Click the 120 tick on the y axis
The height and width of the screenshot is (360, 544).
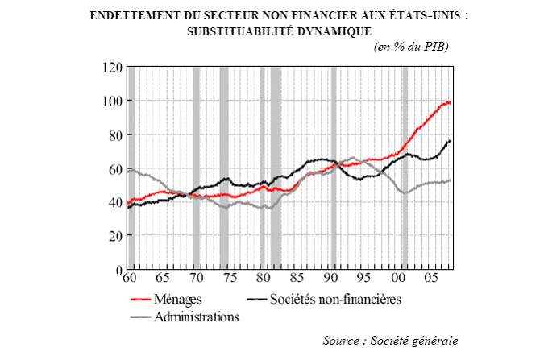112,68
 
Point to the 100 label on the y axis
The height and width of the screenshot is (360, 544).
112,101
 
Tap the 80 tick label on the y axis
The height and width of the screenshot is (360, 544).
115,134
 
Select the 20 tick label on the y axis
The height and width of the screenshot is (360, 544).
115,235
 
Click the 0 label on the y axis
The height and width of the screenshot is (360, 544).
118,269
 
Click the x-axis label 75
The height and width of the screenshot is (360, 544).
230,279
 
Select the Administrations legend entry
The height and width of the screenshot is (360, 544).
198,317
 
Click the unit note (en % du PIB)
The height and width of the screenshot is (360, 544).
411,47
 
